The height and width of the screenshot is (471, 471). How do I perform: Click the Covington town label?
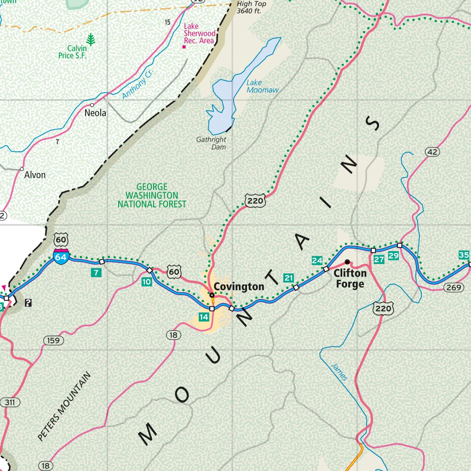[239, 287]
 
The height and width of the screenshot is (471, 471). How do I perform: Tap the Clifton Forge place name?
[350, 279]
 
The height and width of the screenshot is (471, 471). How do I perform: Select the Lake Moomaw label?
[262, 86]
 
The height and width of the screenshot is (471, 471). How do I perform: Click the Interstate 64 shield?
[61, 257]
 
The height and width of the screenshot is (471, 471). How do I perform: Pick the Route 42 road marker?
[432, 152]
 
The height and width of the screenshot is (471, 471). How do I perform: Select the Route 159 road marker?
[53, 340]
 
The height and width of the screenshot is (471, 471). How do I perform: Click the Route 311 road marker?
[10, 402]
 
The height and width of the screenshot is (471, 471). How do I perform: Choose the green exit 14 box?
[204, 317]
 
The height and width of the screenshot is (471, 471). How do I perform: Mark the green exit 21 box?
[288, 278]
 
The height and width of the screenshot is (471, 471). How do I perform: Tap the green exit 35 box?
[464, 255]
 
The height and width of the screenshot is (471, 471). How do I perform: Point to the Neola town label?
[95, 113]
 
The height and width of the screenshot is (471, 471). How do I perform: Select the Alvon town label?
[35, 175]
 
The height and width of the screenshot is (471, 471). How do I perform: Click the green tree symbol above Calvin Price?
[91, 40]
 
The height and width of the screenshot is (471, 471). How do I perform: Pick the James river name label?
[339, 371]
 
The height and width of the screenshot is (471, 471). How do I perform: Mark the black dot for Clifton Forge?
[347, 262]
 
